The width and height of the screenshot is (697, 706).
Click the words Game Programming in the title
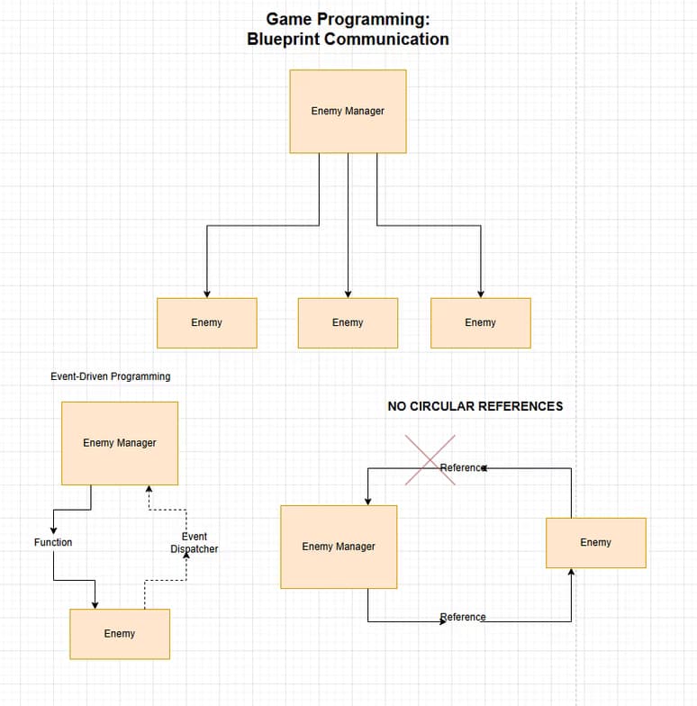(x=348, y=18)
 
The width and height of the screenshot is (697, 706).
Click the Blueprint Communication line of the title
(x=348, y=39)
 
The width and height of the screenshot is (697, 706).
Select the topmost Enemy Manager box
(x=348, y=111)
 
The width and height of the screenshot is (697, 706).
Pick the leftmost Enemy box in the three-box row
(x=206, y=322)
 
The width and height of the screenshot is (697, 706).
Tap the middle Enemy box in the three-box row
(x=348, y=322)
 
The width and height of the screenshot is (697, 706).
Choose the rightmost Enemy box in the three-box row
(x=480, y=322)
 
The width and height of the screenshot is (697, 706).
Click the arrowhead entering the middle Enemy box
(x=348, y=294)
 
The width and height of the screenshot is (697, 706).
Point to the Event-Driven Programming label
(x=110, y=376)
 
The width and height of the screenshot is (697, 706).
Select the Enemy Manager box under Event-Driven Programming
(x=119, y=442)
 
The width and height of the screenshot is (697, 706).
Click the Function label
(x=53, y=542)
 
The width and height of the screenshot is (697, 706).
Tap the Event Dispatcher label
(x=194, y=542)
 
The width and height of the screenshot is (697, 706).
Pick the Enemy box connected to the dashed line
(x=119, y=633)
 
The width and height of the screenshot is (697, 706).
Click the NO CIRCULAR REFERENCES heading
(x=475, y=406)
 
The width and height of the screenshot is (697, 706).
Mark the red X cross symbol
(x=430, y=460)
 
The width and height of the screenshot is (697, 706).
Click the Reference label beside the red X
(x=463, y=467)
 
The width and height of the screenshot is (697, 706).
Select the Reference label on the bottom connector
(x=463, y=617)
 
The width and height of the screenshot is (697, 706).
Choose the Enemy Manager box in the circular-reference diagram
(x=339, y=546)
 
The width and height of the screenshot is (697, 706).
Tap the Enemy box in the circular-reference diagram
(x=595, y=542)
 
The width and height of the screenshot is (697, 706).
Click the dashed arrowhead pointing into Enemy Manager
(x=149, y=489)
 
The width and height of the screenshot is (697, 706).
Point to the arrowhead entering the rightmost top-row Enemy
(x=480, y=294)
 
